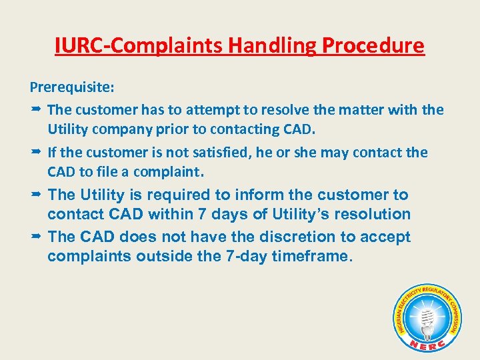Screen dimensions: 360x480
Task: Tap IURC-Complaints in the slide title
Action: coord(139,45)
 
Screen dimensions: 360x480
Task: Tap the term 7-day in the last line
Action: coord(247,256)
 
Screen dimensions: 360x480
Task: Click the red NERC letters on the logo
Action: coord(427,343)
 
